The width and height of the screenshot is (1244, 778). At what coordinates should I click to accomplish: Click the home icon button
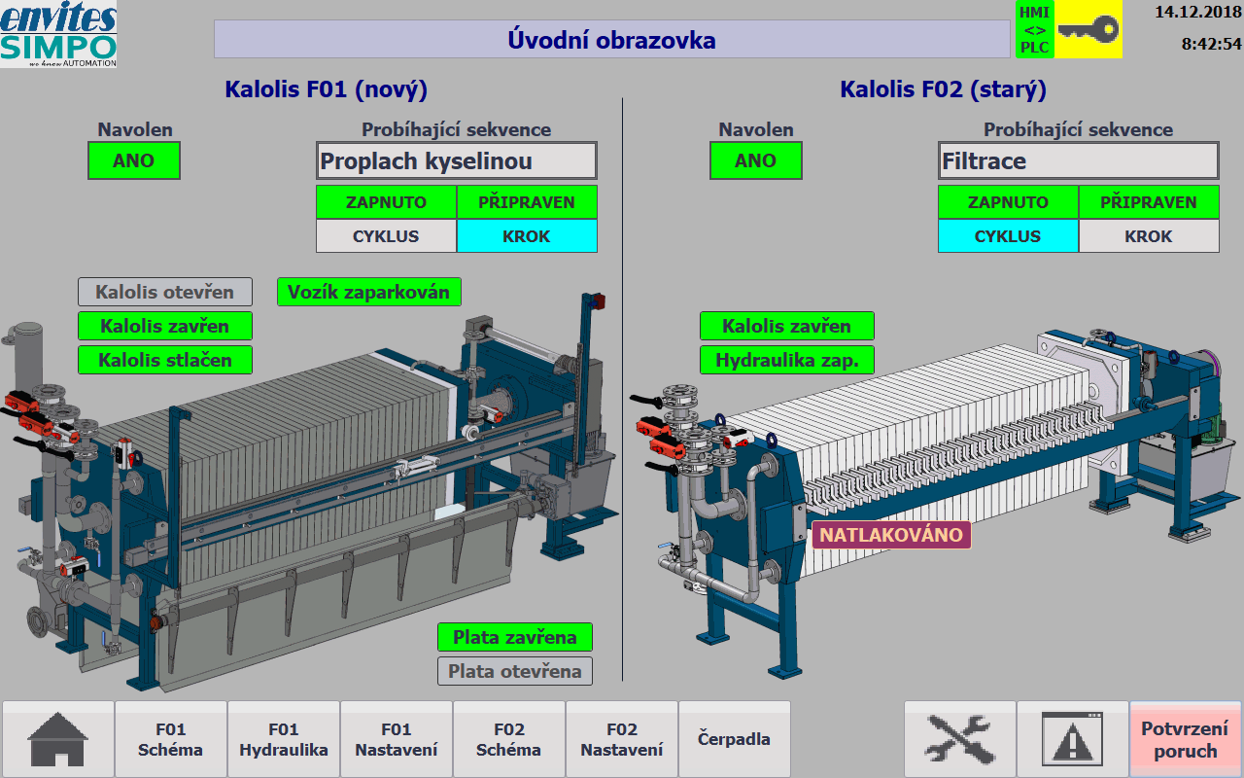click(x=57, y=739)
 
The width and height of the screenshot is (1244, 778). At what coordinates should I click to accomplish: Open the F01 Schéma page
click(x=170, y=739)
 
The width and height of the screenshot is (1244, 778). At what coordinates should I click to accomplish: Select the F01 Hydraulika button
click(x=283, y=739)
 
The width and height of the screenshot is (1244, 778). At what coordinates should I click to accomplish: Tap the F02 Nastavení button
click(x=621, y=739)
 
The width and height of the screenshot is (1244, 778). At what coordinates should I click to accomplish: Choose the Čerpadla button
click(x=734, y=739)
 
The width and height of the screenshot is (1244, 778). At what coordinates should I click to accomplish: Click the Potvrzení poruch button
click(x=1185, y=739)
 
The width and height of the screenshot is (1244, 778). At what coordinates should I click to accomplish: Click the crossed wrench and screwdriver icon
click(x=959, y=739)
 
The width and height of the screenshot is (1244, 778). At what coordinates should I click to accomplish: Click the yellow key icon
click(x=1088, y=29)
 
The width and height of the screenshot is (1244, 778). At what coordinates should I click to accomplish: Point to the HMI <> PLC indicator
click(x=1035, y=29)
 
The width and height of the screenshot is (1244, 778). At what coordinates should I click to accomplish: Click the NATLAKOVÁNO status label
click(x=891, y=535)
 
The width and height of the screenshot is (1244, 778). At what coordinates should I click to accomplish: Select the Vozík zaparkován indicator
click(x=368, y=292)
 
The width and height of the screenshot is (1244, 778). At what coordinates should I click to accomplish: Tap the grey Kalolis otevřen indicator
click(x=165, y=292)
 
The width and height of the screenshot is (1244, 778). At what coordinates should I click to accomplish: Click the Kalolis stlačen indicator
click(x=165, y=360)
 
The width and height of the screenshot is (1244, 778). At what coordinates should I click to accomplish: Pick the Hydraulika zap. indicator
click(x=787, y=360)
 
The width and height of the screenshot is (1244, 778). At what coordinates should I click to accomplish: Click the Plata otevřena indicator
click(x=515, y=671)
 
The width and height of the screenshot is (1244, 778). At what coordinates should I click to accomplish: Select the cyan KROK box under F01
click(x=527, y=236)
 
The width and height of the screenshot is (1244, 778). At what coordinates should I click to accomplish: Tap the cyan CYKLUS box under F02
click(x=1008, y=236)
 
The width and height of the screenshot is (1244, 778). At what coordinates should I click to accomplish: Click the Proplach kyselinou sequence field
click(x=457, y=161)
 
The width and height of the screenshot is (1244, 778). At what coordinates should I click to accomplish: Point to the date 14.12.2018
click(x=1198, y=13)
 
